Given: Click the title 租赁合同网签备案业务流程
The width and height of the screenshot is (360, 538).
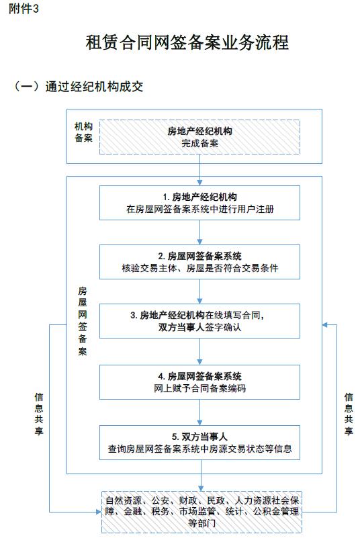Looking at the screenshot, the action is [187, 43].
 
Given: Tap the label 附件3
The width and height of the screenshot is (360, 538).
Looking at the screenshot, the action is [24, 9].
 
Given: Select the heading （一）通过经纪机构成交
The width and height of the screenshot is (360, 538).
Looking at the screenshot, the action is [78, 87].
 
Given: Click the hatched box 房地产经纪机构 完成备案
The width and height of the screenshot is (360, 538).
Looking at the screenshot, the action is [199, 137].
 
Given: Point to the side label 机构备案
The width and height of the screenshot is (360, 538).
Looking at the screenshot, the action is [83, 132].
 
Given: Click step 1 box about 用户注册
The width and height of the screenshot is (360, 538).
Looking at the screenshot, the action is [199, 203].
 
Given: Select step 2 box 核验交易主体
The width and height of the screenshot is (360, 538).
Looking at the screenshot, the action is [199, 262].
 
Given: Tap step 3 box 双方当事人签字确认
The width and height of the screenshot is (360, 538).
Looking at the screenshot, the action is [199, 321].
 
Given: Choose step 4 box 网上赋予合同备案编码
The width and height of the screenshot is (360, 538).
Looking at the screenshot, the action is [199, 382].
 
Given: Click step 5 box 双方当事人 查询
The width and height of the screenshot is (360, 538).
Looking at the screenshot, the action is [199, 443].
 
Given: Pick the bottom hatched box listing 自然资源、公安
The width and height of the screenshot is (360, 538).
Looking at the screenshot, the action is [201, 512].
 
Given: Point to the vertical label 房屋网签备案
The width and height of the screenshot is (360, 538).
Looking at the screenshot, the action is [83, 321].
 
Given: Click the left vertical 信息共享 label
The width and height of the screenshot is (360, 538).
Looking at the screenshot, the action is [39, 414].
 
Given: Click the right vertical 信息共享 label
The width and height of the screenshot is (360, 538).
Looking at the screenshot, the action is [349, 414].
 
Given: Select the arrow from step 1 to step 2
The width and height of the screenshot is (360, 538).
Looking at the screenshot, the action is [199, 232].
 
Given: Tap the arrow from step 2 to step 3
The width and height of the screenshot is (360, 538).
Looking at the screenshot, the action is [199, 292].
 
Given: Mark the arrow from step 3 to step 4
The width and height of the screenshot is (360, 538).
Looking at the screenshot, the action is [199, 351].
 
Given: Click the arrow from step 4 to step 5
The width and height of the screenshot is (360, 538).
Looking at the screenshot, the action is [199, 412].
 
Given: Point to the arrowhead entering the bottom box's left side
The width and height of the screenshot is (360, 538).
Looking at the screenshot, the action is [99, 512].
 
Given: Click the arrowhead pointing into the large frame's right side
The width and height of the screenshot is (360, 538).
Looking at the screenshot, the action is [325, 324].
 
